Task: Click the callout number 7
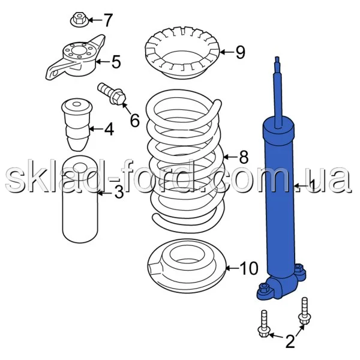pyautogui.click(x=107, y=20)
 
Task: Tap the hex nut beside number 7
pyautogui.click(x=79, y=20)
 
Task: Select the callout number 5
pyautogui.click(x=116, y=62)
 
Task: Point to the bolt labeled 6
pyautogui.click(x=112, y=94)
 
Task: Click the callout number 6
pyautogui.click(x=135, y=120)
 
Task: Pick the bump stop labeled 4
pyautogui.click(x=77, y=125)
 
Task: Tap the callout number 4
pyautogui.click(x=109, y=129)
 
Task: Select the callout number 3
pyautogui.click(x=119, y=193)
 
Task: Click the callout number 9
pyautogui.click(x=241, y=52)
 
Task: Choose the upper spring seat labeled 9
pyautogui.click(x=182, y=53)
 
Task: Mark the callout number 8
pyautogui.click(x=244, y=157)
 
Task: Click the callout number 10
pyautogui.click(x=249, y=268)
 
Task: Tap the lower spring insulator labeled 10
pyautogui.click(x=187, y=266)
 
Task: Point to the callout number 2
pyautogui.click(x=290, y=341)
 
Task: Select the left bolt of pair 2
pyautogui.click(x=263, y=324)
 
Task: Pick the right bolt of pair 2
pyautogui.click(x=305, y=311)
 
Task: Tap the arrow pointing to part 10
pyautogui.click(x=232, y=268)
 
